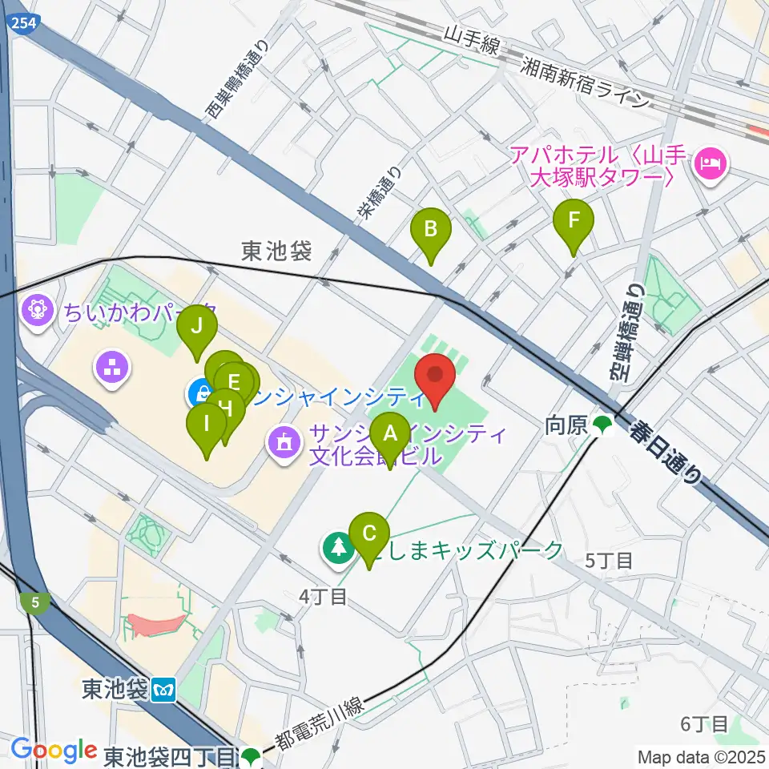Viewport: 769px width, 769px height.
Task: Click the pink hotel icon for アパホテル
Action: point(711,166)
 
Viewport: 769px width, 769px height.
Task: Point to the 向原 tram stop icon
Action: point(601,424)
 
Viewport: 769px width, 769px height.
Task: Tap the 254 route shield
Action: point(22,23)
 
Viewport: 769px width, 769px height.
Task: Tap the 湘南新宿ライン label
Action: point(584,81)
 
